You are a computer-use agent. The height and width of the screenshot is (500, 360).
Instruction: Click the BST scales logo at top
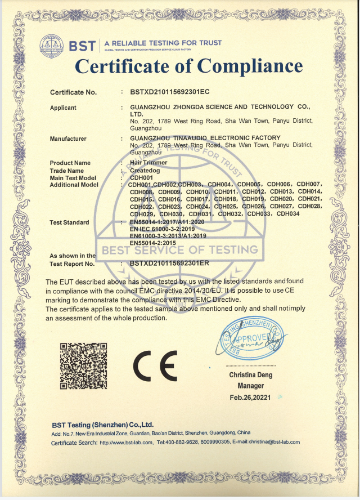pyautogui.click(x=53, y=44)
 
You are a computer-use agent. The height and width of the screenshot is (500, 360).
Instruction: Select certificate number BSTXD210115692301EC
pyautogui.click(x=169, y=91)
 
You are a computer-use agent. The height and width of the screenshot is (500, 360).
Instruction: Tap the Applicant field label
pyautogui.click(x=63, y=107)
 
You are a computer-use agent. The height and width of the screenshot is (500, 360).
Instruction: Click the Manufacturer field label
pyautogui.click(x=68, y=139)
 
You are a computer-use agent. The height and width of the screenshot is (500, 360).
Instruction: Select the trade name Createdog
pyautogui.click(x=146, y=170)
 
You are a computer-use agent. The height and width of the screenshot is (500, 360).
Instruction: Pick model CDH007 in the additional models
pyautogui.click(x=309, y=184)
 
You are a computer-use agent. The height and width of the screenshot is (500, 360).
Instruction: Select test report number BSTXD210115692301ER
pyautogui.click(x=169, y=263)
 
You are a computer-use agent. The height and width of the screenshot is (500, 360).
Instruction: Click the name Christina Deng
pyautogui.click(x=250, y=375)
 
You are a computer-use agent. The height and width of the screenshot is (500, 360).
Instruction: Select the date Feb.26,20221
pyautogui.click(x=250, y=397)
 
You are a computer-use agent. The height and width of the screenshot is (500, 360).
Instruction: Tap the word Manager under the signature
pyautogui.click(x=250, y=386)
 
